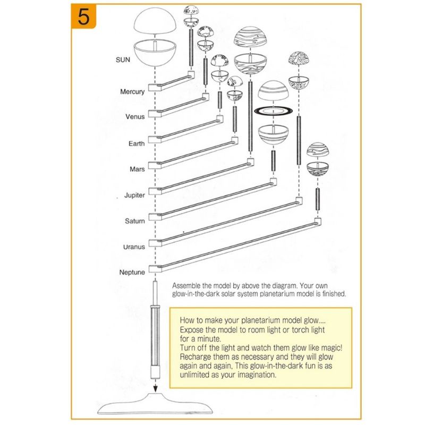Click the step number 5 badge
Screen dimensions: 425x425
tap(83, 16)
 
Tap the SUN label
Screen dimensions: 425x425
tap(123, 59)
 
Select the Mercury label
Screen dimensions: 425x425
tap(132, 92)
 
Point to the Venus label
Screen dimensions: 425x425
tap(135, 117)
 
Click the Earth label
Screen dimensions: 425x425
tap(137, 143)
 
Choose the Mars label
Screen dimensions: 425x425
tap(137, 169)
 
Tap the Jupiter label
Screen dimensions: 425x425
tap(134, 195)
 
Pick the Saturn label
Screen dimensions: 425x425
tap(135, 221)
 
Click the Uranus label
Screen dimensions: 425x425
tap(134, 247)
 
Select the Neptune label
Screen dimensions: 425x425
tap(132, 272)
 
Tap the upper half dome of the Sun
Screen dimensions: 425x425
tap(155, 21)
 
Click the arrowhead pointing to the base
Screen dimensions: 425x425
tap(155, 389)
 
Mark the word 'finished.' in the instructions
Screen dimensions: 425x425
tap(334, 294)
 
